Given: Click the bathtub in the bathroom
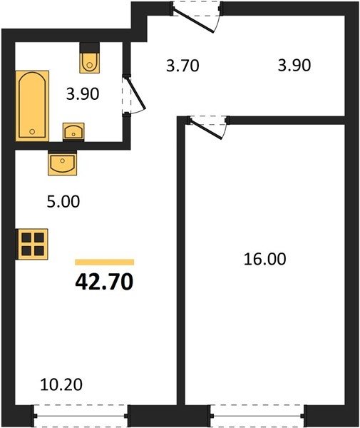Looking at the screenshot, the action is [33, 106].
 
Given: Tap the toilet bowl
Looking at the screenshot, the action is [89, 63].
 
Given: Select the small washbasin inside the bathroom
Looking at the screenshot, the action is [73, 131].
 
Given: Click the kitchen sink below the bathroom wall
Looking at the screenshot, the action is [63, 163].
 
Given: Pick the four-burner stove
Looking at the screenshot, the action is [32, 244].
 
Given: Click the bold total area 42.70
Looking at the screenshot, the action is [104, 282].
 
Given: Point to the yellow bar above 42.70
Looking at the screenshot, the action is [105, 262].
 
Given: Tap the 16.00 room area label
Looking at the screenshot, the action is [264, 259].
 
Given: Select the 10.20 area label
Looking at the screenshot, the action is [61, 384].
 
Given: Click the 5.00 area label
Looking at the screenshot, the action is [63, 202].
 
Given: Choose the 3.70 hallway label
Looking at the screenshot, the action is [182, 66].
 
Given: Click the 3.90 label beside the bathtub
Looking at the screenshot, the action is [83, 94].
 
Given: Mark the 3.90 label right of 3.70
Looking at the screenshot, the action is [294, 65].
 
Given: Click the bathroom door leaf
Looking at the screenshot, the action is [136, 93].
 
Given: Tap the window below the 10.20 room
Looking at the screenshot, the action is [81, 416].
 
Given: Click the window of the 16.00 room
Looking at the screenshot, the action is [258, 416].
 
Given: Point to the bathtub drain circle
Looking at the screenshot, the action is [32, 131].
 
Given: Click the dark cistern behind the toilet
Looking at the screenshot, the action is [90, 48].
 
